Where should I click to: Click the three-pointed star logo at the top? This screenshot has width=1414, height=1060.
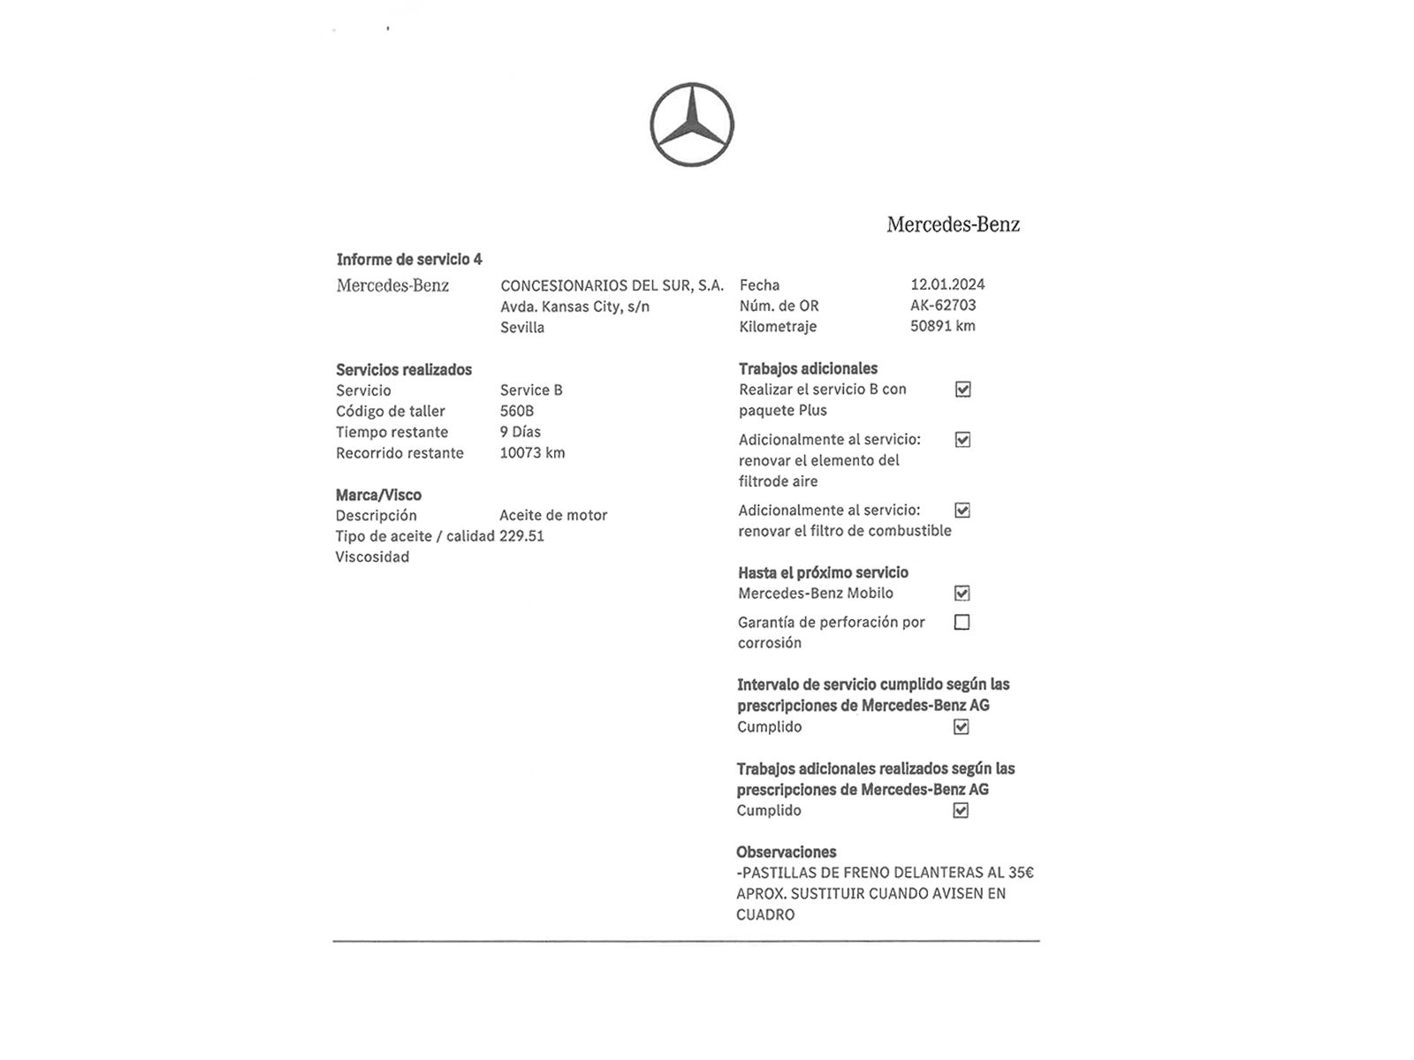point(692,125)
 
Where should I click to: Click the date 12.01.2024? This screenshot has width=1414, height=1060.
point(947,284)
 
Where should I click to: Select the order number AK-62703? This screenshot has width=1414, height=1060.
point(943,305)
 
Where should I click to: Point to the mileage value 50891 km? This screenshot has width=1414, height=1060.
point(942,326)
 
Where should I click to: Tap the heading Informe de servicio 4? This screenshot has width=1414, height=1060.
point(409,259)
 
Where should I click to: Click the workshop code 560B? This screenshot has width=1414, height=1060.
point(517,411)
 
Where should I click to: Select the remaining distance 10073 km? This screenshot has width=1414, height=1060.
point(532,452)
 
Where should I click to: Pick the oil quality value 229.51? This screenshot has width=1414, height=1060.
point(521,536)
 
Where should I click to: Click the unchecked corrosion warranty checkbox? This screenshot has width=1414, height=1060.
point(962,623)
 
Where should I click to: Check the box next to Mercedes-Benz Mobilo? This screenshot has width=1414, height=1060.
point(962,594)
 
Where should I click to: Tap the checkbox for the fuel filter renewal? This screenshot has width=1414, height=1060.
point(962,511)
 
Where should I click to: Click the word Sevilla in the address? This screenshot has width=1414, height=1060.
point(522,328)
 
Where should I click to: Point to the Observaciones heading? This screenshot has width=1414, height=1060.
point(786,852)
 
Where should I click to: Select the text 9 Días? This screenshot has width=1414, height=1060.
point(520,432)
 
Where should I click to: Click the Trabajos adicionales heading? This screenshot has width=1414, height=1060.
point(808,368)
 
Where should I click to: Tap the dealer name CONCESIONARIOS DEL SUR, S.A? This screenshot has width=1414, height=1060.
point(612,285)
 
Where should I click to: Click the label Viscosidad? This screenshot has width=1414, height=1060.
point(372,556)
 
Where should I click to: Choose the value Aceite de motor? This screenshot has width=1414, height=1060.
point(553,515)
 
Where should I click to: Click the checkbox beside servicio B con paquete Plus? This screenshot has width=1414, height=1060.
point(962,390)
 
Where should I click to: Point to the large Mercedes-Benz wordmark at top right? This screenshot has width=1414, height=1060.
point(953,224)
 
